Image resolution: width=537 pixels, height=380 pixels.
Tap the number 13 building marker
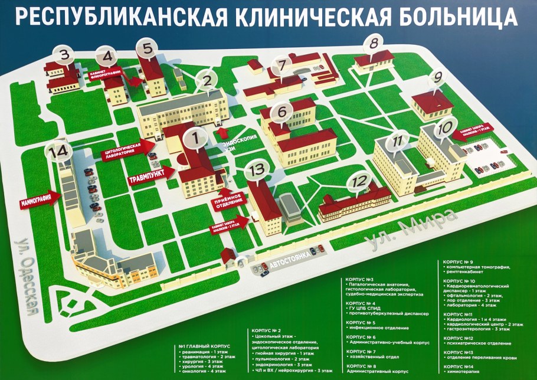(257, 170)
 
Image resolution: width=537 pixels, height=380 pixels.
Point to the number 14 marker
(59, 152)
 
